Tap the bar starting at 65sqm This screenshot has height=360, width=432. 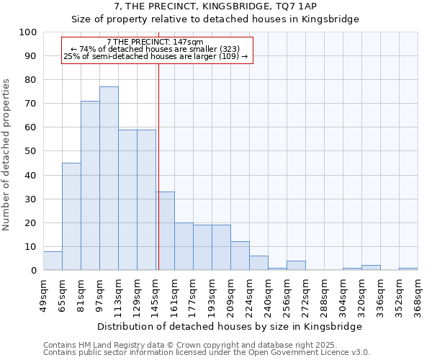(x=71, y=216)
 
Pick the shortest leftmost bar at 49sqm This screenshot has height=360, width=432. (x=53, y=261)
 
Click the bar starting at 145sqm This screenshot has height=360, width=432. (x=165, y=230)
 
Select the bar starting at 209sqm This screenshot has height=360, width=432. (x=240, y=256)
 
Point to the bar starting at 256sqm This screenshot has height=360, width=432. (x=296, y=266)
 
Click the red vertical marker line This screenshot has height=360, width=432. (x=158, y=166)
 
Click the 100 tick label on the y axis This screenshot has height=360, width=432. (x=28, y=32)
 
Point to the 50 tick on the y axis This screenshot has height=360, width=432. (x=31, y=151)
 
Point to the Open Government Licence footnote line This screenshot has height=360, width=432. (x=206, y=352)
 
